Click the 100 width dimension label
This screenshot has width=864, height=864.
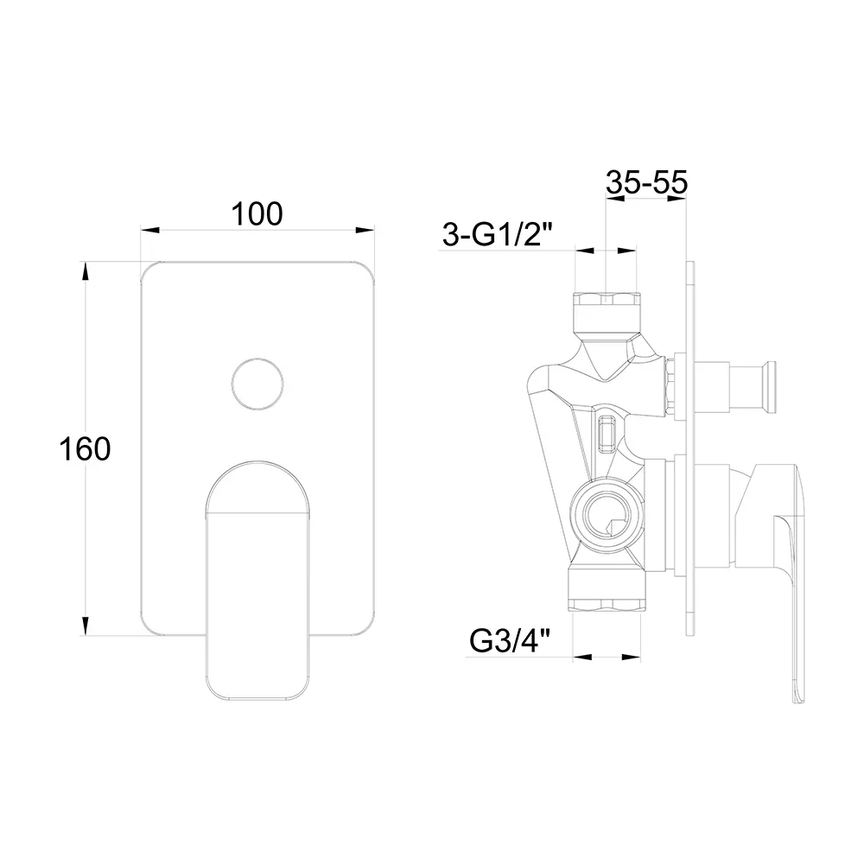(x=257, y=213)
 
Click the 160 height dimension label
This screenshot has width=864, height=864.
(x=85, y=448)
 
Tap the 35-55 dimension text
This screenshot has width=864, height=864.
(x=646, y=181)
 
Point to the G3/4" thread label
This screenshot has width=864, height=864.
(x=511, y=641)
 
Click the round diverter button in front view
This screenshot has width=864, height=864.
(x=257, y=384)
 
